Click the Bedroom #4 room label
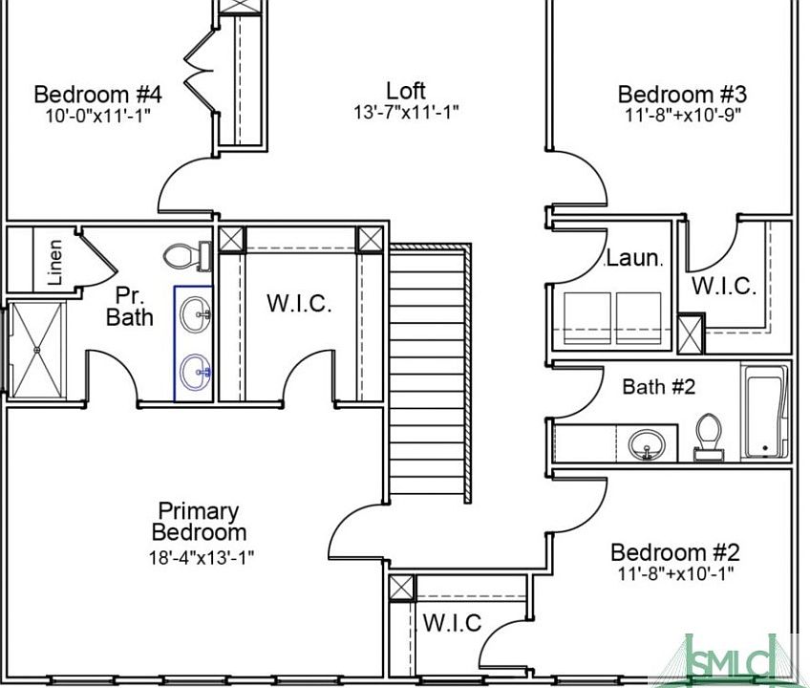97,95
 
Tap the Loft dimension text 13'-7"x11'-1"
406,112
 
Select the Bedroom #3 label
681,95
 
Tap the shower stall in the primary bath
37,348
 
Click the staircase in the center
430,373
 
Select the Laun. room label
633,258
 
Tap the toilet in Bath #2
709,435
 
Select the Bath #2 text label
658,387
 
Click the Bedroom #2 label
674,552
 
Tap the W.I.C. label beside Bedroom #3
724,285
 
